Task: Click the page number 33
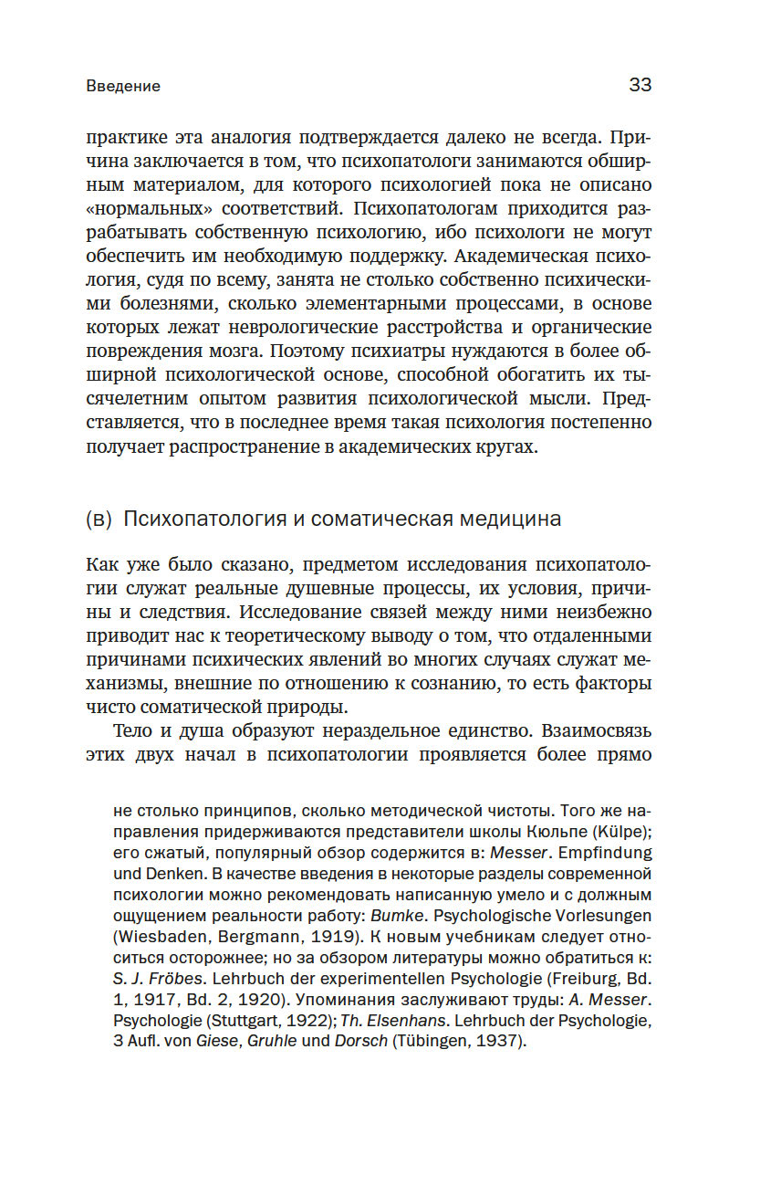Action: point(640,85)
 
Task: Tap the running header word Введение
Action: point(123,87)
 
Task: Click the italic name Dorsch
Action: point(360,1042)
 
